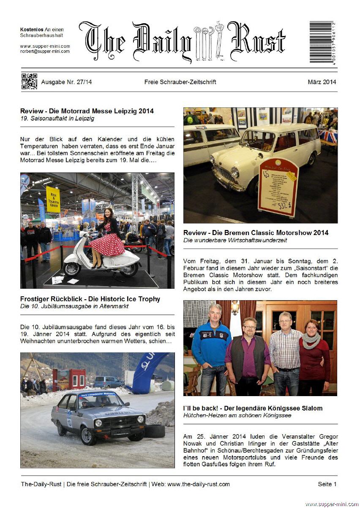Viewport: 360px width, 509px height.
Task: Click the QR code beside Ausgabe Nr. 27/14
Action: [x=29, y=81]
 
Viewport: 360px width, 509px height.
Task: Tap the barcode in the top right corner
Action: [x=323, y=42]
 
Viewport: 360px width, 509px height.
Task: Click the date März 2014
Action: [x=322, y=82]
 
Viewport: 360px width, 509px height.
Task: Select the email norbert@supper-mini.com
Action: [x=45, y=51]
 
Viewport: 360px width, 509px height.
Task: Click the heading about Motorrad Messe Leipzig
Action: [x=87, y=111]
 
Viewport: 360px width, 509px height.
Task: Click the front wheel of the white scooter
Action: [x=72, y=268]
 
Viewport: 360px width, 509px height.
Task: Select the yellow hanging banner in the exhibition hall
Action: [x=53, y=199]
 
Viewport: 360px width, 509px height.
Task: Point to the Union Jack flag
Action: [x=328, y=136]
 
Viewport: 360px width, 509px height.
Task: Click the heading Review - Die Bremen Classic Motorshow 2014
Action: [x=256, y=233]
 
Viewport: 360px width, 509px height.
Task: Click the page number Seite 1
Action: [x=327, y=484]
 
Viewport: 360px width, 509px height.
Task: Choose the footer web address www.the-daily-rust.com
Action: [x=198, y=484]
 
